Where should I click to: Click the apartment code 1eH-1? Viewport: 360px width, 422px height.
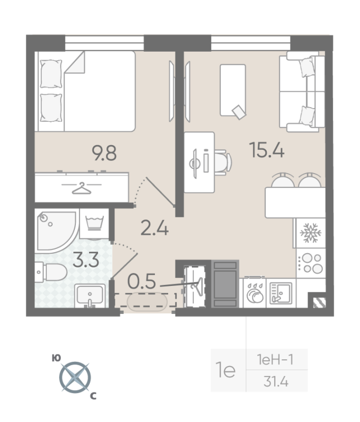tap(277, 360)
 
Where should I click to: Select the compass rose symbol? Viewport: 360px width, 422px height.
tap(74, 377)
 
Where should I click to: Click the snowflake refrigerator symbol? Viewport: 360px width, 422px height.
tap(310, 233)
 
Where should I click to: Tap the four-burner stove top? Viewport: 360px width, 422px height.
tap(310, 263)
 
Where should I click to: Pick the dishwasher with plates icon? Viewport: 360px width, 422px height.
tap(255, 293)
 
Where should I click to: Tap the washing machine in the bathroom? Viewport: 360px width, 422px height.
tap(94, 225)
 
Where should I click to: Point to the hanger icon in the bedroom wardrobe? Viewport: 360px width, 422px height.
tap(82, 187)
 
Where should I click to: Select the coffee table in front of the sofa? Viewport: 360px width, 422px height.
tap(232, 90)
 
